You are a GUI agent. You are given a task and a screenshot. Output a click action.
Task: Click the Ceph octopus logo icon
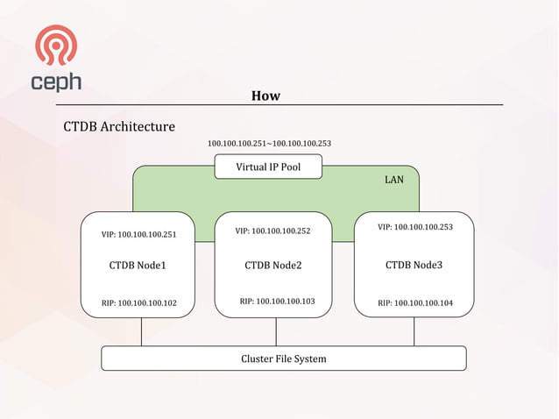pos(56,45)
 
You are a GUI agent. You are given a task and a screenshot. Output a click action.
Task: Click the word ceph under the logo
pos(56,82)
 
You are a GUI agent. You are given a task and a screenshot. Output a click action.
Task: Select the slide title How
pos(265,96)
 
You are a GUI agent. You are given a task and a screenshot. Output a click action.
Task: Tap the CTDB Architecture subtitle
pos(119,127)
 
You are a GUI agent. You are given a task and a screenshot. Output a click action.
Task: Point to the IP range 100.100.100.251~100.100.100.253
pos(269,143)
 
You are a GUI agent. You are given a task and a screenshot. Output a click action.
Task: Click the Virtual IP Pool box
pos(268,167)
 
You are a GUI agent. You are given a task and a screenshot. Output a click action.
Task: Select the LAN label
pos(394,180)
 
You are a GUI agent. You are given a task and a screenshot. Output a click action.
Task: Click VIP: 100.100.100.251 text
pos(140,234)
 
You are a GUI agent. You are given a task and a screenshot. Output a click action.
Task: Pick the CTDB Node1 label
pos(138,265)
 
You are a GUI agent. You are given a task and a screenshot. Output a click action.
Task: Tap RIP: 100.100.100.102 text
pos(139,303)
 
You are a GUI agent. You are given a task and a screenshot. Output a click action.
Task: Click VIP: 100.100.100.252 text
pos(272,231)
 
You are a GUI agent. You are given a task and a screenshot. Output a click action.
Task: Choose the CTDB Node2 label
pos(273,265)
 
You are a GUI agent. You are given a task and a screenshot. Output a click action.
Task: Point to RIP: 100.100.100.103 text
pos(277,302)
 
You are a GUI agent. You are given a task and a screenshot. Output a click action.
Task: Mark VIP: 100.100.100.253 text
pos(415,227)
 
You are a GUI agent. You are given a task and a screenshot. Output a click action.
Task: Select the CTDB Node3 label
pos(414,264)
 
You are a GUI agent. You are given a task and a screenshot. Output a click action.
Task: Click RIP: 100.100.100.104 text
pos(415,303)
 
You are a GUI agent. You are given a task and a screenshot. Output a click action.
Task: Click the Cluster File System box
pos(284,359)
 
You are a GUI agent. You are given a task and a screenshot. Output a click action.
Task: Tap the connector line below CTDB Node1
pos(141,331)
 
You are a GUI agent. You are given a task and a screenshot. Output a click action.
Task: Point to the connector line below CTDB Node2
pos(276,331)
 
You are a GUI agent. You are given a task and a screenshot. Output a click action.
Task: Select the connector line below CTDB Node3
pos(414,331)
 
